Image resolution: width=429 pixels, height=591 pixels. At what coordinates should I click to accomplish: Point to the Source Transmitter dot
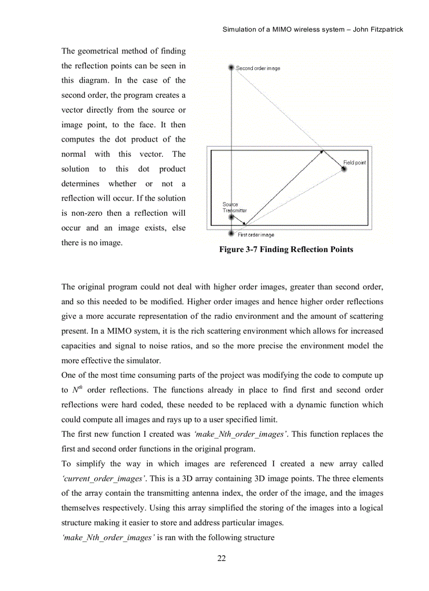coord(231,216)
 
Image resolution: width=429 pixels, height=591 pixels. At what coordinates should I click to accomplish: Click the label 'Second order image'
coord(258,68)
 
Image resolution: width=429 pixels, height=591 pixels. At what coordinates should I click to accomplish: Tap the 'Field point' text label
coord(354,163)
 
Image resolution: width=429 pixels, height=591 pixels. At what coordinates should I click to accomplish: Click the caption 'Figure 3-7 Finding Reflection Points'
coord(286,249)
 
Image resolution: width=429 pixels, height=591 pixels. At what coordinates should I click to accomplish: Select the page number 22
coord(221,558)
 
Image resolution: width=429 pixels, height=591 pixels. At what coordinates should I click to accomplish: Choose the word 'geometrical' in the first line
coord(102,51)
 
